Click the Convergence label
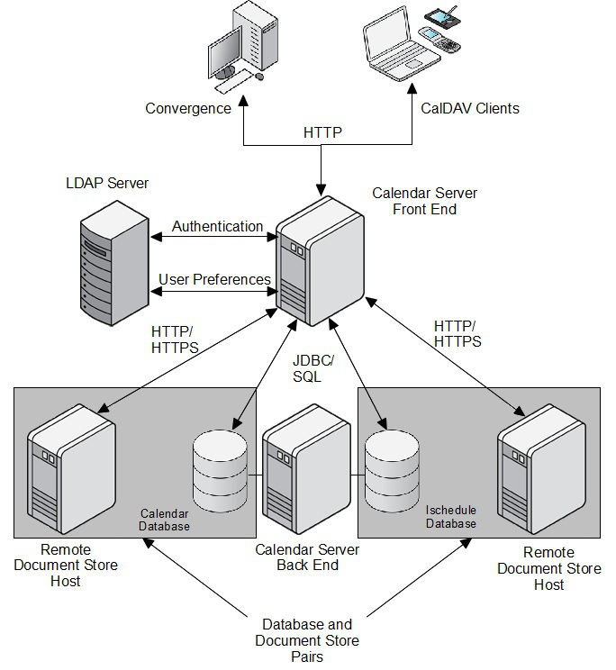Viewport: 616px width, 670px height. click(188, 109)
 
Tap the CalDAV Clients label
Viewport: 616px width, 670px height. click(470, 109)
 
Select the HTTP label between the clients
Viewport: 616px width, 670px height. click(322, 133)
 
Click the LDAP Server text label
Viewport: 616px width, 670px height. click(107, 184)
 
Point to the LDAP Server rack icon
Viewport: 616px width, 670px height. click(113, 267)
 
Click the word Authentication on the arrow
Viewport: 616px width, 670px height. click(217, 227)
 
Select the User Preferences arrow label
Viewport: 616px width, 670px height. click(214, 279)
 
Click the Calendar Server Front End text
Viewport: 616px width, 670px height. click(425, 202)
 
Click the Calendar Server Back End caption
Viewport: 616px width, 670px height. click(307, 557)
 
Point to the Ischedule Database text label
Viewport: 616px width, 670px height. click(451, 517)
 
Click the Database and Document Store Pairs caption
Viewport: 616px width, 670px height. click(307, 640)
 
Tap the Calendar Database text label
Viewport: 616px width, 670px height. click(164, 520)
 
